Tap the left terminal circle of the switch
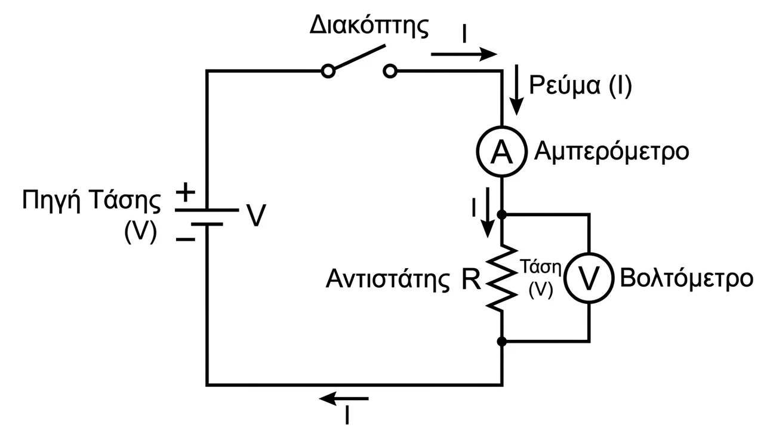click(328, 71)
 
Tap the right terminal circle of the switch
click(390, 71)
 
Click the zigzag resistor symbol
click(501, 278)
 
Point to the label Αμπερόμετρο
click(611, 152)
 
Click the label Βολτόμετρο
click(686, 279)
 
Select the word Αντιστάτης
click(388, 279)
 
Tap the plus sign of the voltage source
click(185, 192)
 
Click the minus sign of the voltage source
click(186, 239)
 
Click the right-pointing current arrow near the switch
click(464, 54)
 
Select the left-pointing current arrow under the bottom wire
click(344, 398)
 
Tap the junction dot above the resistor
click(502, 214)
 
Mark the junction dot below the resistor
click(502, 341)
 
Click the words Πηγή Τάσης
click(91, 201)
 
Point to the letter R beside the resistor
click(471, 279)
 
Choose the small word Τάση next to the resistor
click(541, 267)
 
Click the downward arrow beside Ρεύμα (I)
click(517, 90)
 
